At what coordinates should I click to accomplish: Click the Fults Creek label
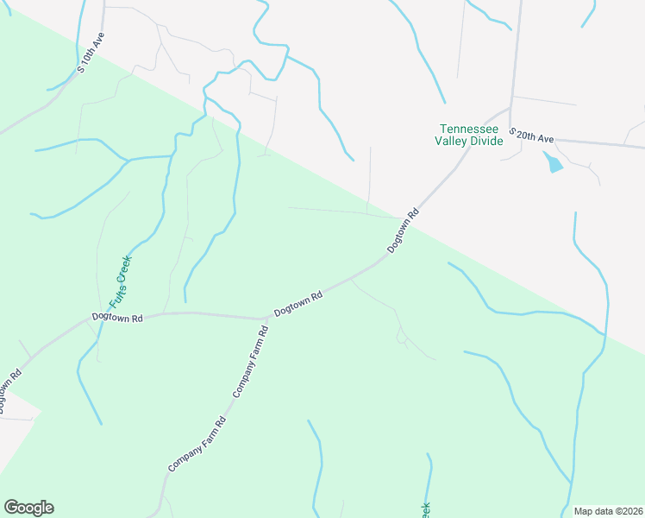pos(120,283)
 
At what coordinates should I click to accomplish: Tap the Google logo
pos(28,508)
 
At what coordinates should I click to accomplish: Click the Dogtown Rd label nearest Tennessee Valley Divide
pos(404,230)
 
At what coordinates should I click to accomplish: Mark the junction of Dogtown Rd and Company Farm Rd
pos(266,319)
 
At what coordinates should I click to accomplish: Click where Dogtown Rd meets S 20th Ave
pos(510,109)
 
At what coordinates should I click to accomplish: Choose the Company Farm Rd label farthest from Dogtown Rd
pos(197,444)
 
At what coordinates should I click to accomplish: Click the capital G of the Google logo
pos(11,508)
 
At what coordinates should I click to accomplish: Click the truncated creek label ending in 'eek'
pos(424,510)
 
